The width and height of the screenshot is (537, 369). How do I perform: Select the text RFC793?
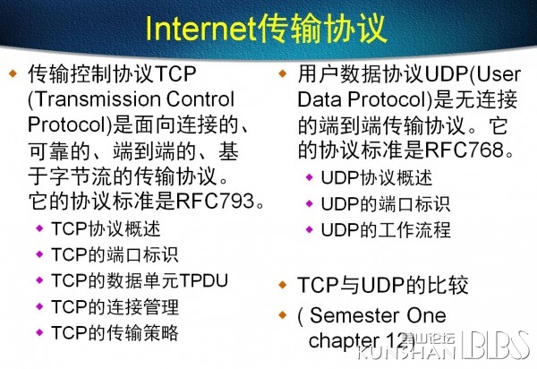tap(215, 201)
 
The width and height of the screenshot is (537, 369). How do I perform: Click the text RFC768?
tap(465, 150)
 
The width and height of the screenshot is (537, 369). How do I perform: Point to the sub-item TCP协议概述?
tap(106, 228)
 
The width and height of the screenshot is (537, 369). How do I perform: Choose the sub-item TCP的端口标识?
tap(115, 254)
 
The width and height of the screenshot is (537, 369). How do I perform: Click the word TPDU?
tap(204, 280)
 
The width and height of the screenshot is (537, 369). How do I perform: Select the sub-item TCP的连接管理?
tap(115, 306)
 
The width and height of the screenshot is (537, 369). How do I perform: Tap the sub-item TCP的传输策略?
tap(115, 332)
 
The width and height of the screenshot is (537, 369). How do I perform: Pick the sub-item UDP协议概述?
tap(377, 178)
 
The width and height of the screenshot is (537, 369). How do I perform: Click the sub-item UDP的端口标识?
tap(386, 204)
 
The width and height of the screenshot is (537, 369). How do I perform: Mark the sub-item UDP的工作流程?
tap(386, 230)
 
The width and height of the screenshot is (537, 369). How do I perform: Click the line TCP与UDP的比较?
tap(382, 285)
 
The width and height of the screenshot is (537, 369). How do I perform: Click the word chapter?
tap(344, 341)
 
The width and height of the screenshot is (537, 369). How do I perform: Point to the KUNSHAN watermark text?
tap(406, 351)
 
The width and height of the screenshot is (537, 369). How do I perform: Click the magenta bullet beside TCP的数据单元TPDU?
tap(39, 280)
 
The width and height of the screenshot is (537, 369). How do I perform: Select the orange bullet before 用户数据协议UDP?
tap(283, 73)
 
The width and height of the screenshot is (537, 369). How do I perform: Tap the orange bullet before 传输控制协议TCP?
tap(13, 73)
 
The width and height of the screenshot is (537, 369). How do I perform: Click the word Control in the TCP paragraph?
tap(200, 99)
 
